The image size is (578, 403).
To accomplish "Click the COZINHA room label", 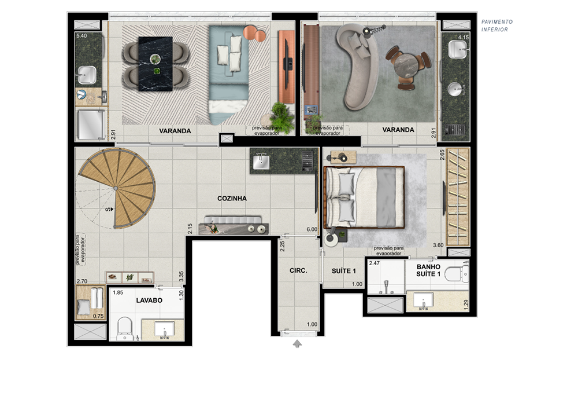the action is (x=232, y=199).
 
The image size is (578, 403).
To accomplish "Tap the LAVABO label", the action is (x=149, y=301).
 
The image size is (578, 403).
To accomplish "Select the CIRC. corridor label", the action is (x=298, y=270).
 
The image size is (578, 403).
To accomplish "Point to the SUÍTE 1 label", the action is (x=343, y=271).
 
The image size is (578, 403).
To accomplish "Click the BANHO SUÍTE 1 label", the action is (x=428, y=270).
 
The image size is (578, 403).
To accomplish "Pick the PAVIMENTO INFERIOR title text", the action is (x=497, y=25).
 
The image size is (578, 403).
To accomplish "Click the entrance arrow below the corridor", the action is (x=298, y=343).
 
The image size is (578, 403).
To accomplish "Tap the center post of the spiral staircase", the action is (x=116, y=188).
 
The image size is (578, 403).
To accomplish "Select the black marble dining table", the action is (x=155, y=64).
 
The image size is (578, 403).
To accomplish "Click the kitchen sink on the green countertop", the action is (x=261, y=162).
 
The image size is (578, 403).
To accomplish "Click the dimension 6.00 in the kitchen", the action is (x=312, y=229).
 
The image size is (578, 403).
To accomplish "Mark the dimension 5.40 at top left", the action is (x=81, y=36).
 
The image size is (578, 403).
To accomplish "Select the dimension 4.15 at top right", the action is (x=464, y=37).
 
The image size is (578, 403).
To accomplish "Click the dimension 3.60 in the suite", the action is (x=438, y=245).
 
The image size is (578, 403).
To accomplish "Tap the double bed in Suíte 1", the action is (x=364, y=197).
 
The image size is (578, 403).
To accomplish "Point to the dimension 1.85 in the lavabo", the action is (x=118, y=292).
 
